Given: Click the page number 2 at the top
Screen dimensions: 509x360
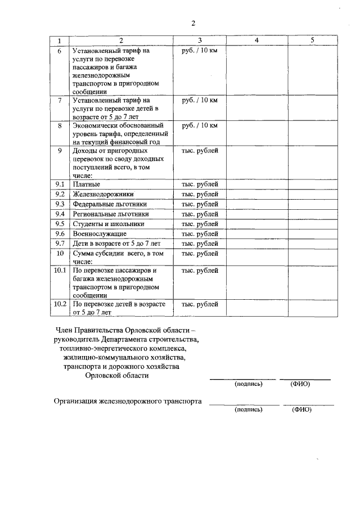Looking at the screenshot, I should point(192,23).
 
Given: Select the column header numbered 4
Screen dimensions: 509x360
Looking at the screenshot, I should point(256,40).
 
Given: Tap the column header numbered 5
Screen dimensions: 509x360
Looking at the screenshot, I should point(313,40).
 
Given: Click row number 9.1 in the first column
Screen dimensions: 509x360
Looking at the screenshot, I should point(60,184).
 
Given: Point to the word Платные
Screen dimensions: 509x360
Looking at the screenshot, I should point(87,184).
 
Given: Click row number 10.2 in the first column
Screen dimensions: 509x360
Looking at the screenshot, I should point(60,304).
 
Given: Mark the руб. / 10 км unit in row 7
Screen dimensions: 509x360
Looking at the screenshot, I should point(200,100).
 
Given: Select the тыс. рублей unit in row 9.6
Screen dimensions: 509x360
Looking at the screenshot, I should point(200,233).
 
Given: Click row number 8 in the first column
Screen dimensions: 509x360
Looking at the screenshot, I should point(60,125).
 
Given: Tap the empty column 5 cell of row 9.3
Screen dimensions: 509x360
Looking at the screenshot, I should point(313,204).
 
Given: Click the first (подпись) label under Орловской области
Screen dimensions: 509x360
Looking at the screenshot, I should point(248,385).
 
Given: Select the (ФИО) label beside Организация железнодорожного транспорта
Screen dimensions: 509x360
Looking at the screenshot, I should point(301,410).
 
